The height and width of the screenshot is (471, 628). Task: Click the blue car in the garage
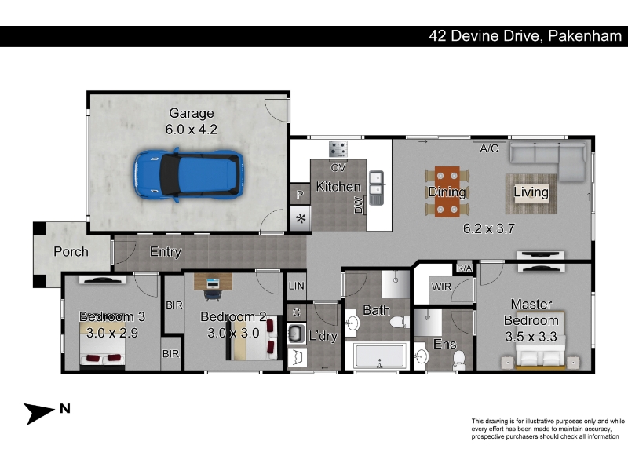coord(188,174)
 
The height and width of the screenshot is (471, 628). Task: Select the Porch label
coord(71,251)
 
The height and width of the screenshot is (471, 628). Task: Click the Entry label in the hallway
coord(166,252)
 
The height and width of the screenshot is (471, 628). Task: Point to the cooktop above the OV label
coord(338,149)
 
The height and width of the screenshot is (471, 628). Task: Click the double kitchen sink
coord(376,188)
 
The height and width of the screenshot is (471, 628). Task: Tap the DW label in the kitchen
coord(359,205)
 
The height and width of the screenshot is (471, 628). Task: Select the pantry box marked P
coord(300,194)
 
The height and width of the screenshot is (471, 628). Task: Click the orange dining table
coord(447,192)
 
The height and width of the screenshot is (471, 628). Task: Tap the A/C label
coord(489,148)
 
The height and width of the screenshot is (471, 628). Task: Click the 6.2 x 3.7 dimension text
coord(488,228)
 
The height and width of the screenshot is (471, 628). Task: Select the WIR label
coord(441,287)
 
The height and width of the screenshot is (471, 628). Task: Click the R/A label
coord(464,268)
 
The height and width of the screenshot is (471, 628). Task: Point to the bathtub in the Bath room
coord(379,356)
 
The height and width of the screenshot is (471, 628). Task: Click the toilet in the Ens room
coord(459,360)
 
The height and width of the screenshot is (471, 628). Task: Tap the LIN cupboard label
coord(297,286)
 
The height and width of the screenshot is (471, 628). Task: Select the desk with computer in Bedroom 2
coord(213,282)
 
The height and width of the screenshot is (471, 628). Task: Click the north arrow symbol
coord(38,413)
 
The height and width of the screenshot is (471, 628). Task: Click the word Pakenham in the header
coord(585,36)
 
